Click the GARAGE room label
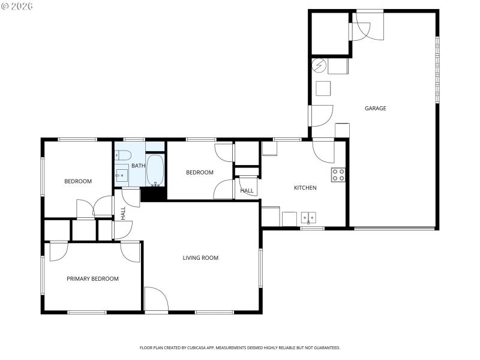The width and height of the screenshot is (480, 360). click(x=375, y=109)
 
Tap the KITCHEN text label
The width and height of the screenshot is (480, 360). click(x=305, y=188)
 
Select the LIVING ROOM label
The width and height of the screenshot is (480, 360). click(x=200, y=258)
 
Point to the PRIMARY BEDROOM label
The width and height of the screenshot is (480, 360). click(x=92, y=278)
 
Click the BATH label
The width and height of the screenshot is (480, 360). click(x=138, y=166)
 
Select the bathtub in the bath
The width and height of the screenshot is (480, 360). click(x=155, y=170)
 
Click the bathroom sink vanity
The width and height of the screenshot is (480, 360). click(x=122, y=175)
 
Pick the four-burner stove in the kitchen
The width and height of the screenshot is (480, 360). click(x=338, y=175)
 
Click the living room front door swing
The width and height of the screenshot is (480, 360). click(x=155, y=299)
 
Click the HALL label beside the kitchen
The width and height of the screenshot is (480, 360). click(x=247, y=191)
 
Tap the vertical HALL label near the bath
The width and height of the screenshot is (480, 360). click(x=123, y=213)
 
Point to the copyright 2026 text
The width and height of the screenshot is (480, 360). click(x=17, y=6)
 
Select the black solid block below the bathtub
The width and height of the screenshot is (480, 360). click(x=153, y=194)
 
